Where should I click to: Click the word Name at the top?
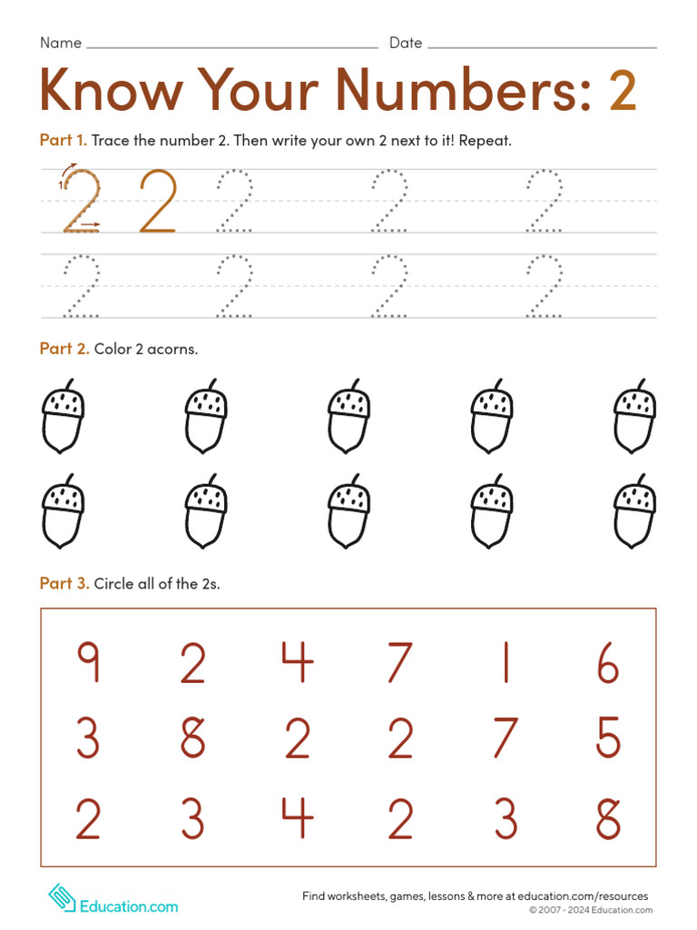(60, 43)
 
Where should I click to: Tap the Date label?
(406, 43)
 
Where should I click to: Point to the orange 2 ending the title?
(622, 91)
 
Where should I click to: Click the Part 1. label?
(63, 140)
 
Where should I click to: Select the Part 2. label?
(64, 349)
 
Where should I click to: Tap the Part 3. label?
(64, 584)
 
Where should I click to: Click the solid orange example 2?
(158, 201)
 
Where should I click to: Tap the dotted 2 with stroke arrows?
(81, 201)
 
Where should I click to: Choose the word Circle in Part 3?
(115, 584)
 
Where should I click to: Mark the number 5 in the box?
(608, 737)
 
